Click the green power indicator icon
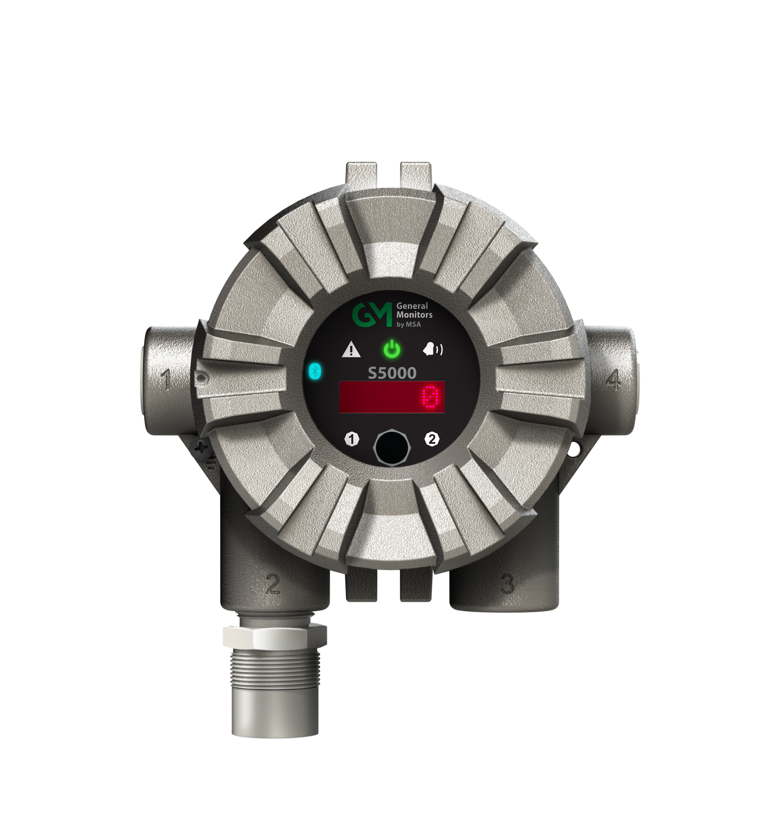(392, 349)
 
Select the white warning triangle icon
(351, 350)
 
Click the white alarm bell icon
(432, 350)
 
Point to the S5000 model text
(392, 373)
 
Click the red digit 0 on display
(431, 397)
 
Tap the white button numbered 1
(352, 439)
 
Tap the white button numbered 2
(432, 439)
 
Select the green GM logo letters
(372, 315)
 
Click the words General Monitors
(414, 310)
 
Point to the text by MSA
(409, 325)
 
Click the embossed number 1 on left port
(166, 380)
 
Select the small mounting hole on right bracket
(575, 449)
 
